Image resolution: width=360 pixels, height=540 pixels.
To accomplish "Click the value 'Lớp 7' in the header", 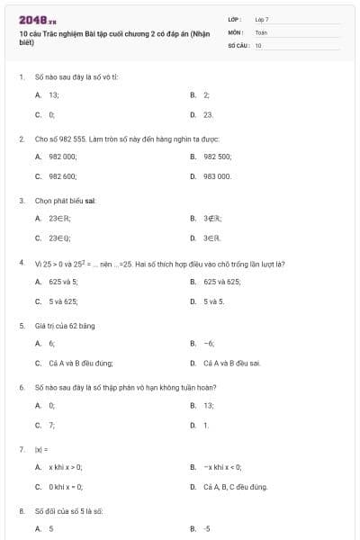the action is pos(262,18).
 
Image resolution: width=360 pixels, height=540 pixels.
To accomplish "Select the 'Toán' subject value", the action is pos(261,31).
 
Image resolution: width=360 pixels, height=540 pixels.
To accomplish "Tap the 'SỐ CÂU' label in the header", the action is pos(237,44).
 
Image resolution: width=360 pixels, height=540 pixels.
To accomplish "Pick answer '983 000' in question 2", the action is pos(217,176).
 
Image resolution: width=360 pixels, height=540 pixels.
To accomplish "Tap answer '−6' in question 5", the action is pos(209,343).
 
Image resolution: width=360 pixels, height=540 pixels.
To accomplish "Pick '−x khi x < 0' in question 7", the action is pos(220,466).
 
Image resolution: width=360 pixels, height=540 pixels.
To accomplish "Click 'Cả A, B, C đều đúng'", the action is pos(235,487).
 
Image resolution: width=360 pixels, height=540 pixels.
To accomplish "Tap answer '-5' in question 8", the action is pos(207,528).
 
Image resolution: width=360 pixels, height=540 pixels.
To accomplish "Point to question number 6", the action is pos(21,387).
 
